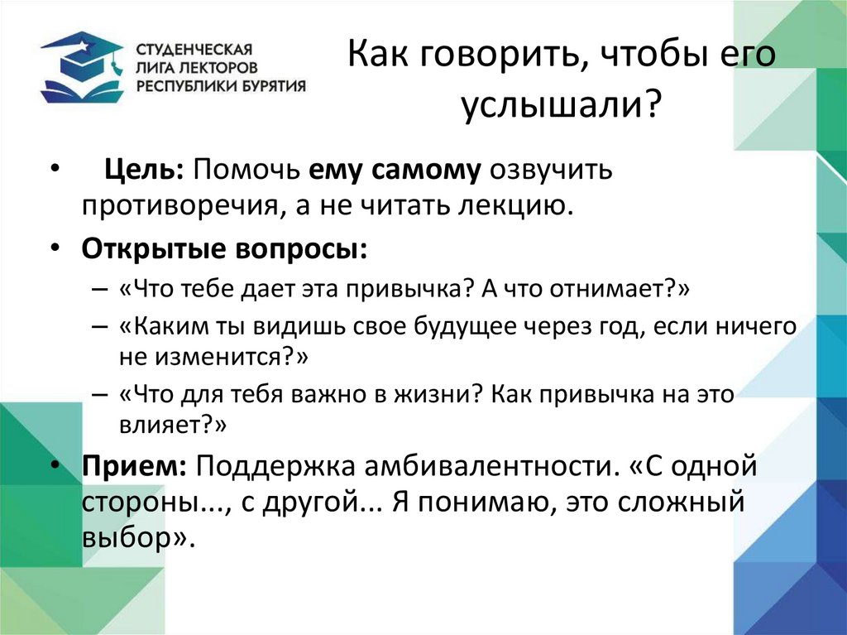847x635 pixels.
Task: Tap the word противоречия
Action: tap(171, 204)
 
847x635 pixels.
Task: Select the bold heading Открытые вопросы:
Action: tap(223, 248)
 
